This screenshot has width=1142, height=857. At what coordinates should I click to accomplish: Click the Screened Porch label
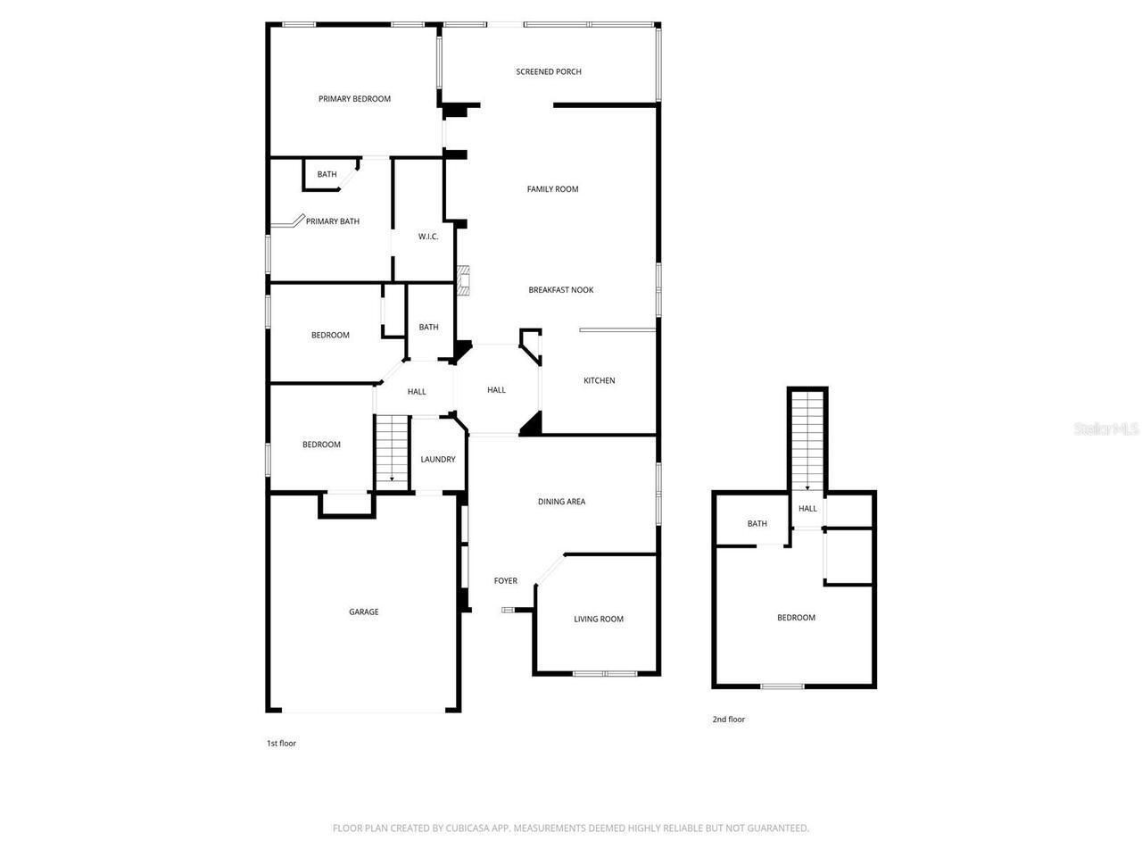pyautogui.click(x=549, y=71)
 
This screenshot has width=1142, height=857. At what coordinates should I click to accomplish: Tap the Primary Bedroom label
pyautogui.click(x=354, y=99)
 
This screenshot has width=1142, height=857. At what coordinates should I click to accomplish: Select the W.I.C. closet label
pyautogui.click(x=428, y=237)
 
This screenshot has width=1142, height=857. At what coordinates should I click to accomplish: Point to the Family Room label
pyautogui.click(x=552, y=189)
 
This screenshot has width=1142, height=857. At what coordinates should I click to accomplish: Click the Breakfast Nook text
pyautogui.click(x=560, y=290)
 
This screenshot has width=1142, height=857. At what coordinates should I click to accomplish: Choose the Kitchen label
pyautogui.click(x=599, y=380)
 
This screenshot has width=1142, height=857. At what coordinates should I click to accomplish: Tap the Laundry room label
pyautogui.click(x=437, y=460)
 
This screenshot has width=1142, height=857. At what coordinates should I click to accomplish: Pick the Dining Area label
pyautogui.click(x=561, y=502)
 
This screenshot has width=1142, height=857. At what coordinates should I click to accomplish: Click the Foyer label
pyautogui.click(x=505, y=581)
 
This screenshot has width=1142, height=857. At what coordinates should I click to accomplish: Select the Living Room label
pyautogui.click(x=598, y=620)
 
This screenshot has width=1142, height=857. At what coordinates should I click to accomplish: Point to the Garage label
pyautogui.click(x=363, y=612)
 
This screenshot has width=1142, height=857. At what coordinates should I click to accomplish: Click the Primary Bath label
pyautogui.click(x=332, y=221)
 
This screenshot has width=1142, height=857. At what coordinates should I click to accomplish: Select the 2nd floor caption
pyautogui.click(x=728, y=720)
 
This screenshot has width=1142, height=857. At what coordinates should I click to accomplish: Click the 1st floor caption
pyautogui.click(x=281, y=744)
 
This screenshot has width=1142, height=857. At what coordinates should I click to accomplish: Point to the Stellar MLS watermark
pyautogui.click(x=1106, y=429)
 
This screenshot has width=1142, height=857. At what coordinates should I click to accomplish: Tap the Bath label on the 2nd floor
pyautogui.click(x=757, y=524)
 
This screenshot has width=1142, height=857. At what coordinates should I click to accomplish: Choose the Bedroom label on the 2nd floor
pyautogui.click(x=796, y=618)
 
